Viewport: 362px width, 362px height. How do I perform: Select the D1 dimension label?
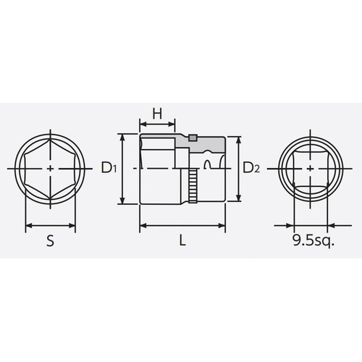109,169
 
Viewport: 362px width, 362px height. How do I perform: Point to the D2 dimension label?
251,169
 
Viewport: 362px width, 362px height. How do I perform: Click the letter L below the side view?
183,243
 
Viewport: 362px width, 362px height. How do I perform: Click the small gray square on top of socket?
193,137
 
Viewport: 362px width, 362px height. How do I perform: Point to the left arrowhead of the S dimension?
28,225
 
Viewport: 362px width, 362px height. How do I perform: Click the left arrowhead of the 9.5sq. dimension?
298,225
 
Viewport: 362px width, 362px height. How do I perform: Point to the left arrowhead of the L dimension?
142,225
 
